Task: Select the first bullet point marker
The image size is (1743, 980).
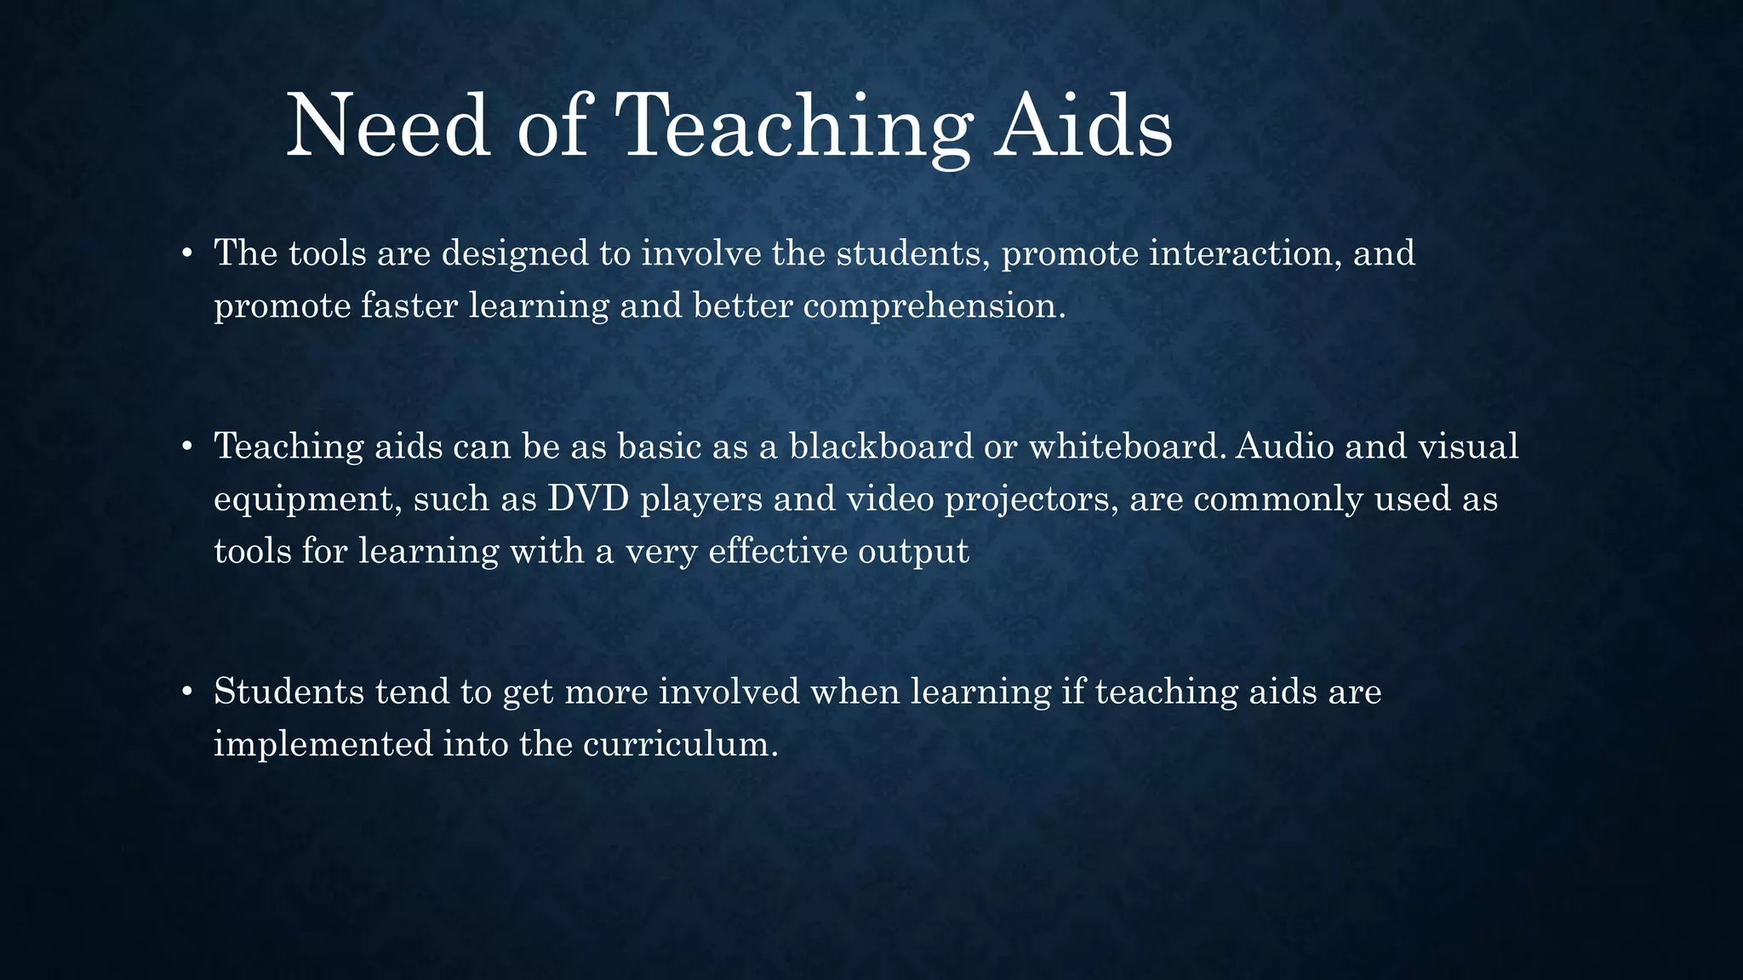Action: click(186, 254)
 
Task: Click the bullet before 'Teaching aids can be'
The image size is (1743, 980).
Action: click(186, 447)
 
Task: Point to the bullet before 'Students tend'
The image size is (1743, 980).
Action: click(186, 692)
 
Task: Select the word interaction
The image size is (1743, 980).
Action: click(1245, 254)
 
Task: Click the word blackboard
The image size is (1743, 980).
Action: click(881, 447)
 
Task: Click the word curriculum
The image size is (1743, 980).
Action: click(680, 744)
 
